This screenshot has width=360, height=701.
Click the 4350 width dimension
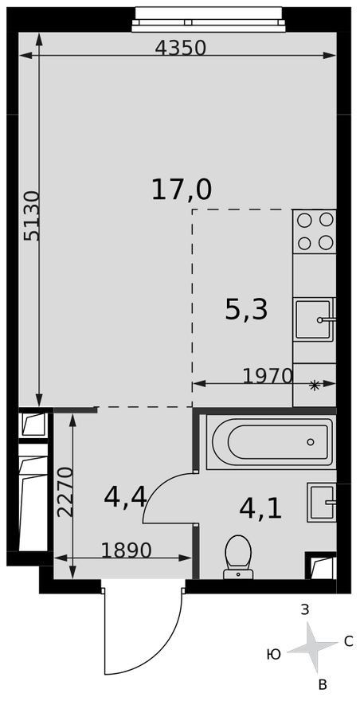[x=181, y=47]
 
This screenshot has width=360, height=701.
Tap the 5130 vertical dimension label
[x=32, y=217]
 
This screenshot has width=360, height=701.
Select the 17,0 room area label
[x=181, y=190]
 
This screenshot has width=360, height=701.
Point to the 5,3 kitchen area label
[x=246, y=310]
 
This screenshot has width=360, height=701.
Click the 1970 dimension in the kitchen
[x=268, y=377]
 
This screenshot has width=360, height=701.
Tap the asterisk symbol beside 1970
[x=315, y=386]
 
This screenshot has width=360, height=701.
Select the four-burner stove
[x=315, y=231]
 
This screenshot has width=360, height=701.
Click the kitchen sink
[x=315, y=319]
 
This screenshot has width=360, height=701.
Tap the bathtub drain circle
[x=311, y=442]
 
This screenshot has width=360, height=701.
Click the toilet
[x=238, y=557]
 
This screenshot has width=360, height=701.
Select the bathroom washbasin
[x=322, y=503]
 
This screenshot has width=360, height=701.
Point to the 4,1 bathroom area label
[x=260, y=508]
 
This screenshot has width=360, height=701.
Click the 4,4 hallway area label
[x=125, y=497]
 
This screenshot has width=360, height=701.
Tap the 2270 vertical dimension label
[x=66, y=492]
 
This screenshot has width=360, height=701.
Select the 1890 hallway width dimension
[x=127, y=550]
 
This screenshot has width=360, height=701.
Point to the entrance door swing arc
[x=168, y=652]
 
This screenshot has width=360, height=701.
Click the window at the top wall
[x=209, y=19]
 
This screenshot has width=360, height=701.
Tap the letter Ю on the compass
[x=274, y=655]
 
